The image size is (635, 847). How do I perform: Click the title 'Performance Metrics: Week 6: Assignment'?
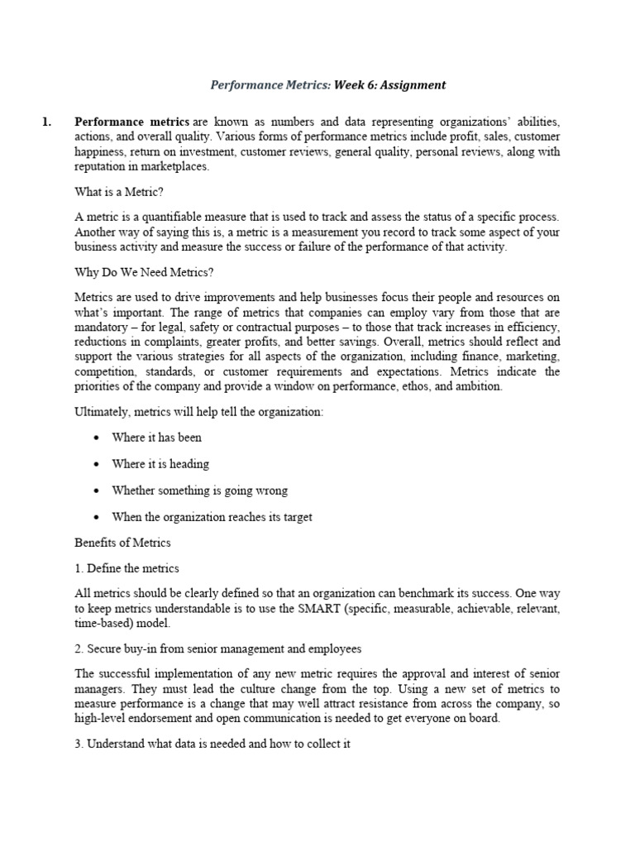pos(328,84)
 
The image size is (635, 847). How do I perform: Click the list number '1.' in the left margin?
pos(47,122)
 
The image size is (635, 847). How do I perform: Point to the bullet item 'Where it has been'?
pos(156,437)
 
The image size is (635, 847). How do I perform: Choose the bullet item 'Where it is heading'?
pos(160,463)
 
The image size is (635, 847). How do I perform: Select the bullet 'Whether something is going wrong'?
pos(199,490)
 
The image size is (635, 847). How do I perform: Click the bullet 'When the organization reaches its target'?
pos(212,517)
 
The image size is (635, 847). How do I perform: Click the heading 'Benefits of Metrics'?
pos(122,543)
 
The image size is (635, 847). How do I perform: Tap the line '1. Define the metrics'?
pos(127,568)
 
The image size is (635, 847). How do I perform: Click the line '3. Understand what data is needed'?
pos(212,744)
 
